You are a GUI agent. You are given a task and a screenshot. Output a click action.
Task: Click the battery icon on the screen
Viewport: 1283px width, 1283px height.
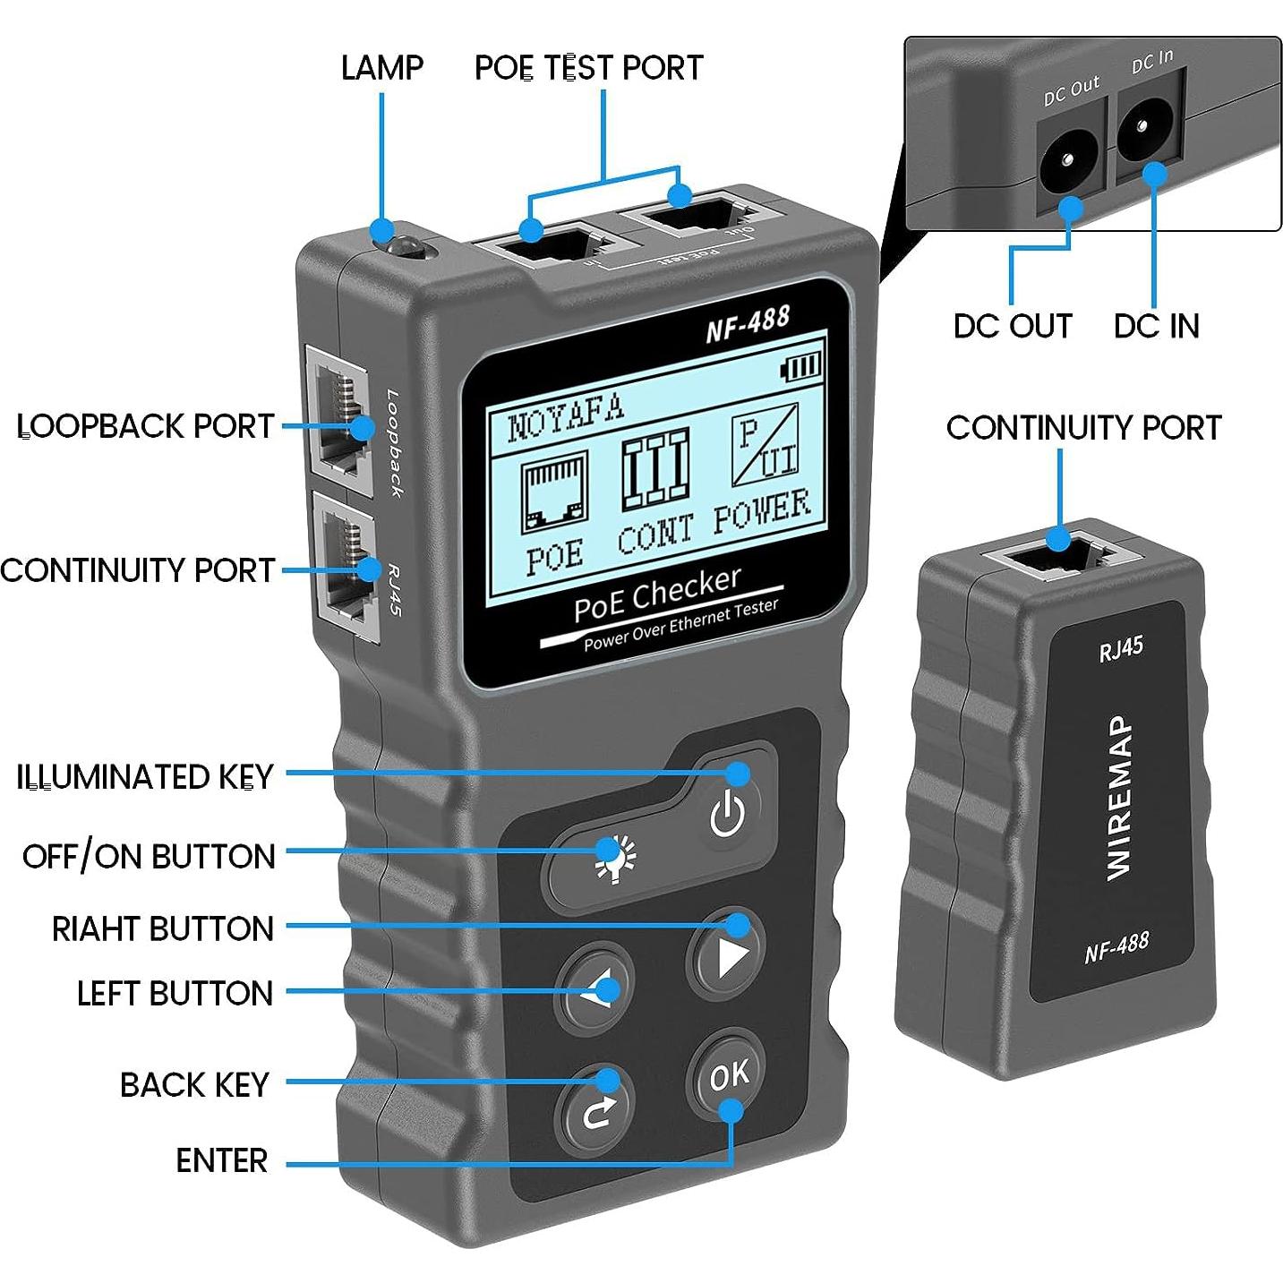[x=801, y=366]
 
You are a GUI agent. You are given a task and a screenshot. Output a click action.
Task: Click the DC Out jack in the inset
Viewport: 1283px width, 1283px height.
[x=1067, y=162]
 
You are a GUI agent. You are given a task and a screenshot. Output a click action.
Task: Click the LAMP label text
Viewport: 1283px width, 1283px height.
[x=381, y=68]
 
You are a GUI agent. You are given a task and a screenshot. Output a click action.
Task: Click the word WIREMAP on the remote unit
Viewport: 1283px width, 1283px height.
[x=1119, y=798]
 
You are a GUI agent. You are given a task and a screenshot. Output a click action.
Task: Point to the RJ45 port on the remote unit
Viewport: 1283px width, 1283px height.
[x=1061, y=555]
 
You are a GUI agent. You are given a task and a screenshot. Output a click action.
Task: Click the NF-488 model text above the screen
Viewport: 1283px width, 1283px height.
[x=748, y=324]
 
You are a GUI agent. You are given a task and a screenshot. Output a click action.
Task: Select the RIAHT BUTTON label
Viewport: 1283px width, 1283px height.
[x=162, y=928]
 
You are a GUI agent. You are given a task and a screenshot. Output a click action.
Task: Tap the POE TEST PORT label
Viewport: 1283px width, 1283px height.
[x=588, y=68]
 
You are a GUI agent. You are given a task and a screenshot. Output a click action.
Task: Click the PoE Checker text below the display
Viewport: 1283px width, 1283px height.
[x=657, y=594]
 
